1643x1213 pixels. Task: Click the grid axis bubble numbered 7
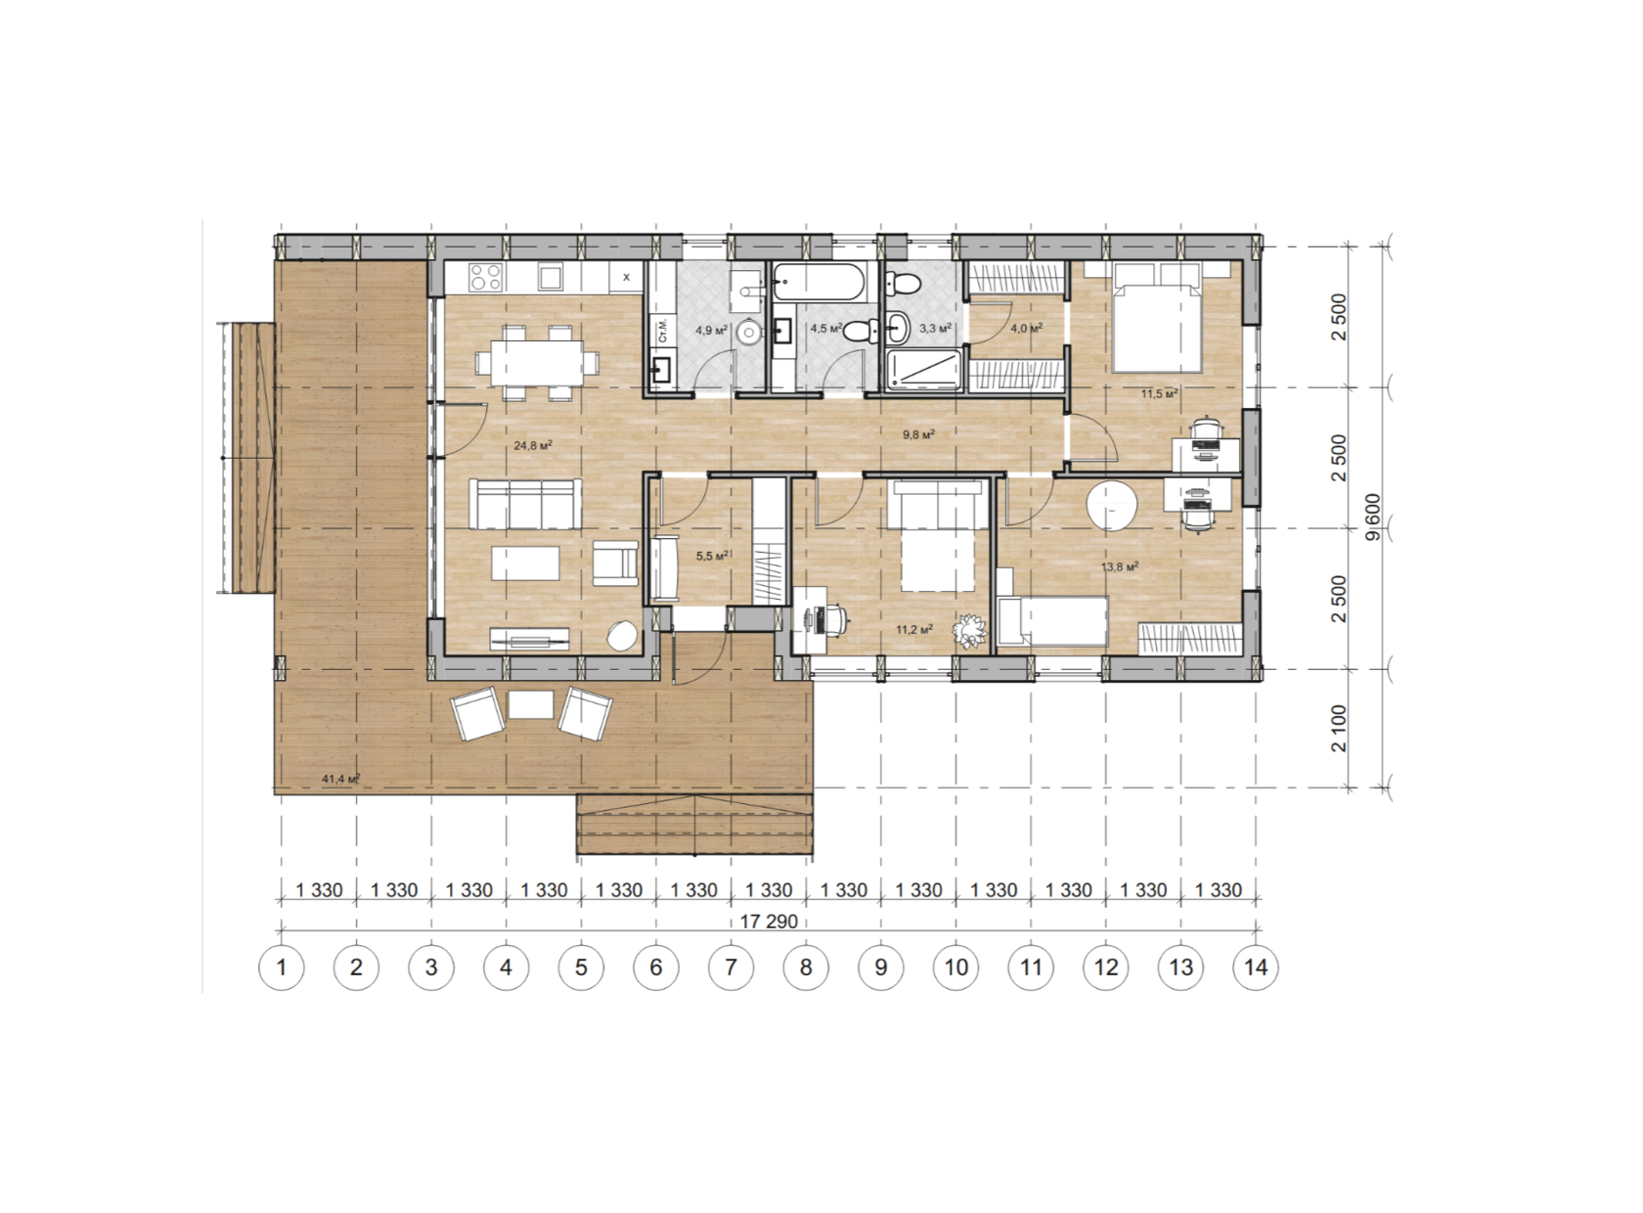pos(731,967)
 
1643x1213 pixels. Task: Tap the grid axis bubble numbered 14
pos(1256,967)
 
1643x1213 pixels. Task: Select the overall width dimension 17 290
pos(769,921)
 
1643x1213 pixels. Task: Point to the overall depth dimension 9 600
pos(1373,517)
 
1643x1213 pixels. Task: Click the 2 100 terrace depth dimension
pos(1339,729)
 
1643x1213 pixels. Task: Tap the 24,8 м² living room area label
pos(533,445)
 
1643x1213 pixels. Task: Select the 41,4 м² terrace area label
pos(340,779)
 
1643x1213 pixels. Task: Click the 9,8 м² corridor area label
pos(918,434)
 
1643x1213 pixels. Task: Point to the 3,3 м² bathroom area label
pos(935,328)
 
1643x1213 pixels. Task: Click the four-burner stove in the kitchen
pos(484,277)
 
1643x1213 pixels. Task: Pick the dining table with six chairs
pos(536,362)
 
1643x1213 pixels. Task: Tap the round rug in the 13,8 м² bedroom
pos(1112,506)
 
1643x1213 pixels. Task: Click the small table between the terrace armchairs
pos(531,704)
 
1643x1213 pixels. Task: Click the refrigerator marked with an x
pos(626,277)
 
